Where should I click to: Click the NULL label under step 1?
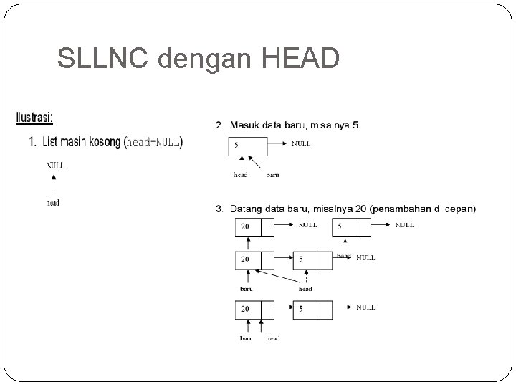pyautogui.click(x=55, y=165)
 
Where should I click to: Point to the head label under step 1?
pyautogui.click(x=53, y=203)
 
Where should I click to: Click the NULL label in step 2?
pyautogui.click(x=301, y=144)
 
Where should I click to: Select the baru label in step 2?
pyautogui.click(x=273, y=173)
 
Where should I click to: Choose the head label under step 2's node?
pyautogui.click(x=241, y=173)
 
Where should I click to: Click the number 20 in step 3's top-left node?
pyautogui.click(x=245, y=226)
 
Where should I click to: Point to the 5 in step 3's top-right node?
pyautogui.click(x=340, y=226)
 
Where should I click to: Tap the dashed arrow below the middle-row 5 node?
pyautogui.click(x=307, y=277)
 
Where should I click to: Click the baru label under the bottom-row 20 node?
pyautogui.click(x=246, y=338)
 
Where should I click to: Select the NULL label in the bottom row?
pyautogui.click(x=365, y=307)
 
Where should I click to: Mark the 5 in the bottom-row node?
pyautogui.click(x=301, y=310)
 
